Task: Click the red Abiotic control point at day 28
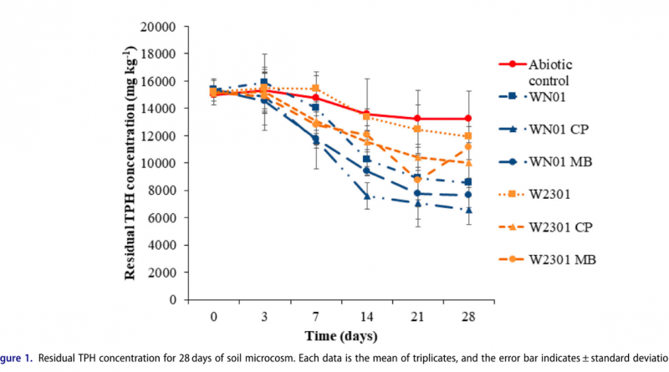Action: coord(468,119)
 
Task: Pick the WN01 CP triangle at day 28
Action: coord(468,210)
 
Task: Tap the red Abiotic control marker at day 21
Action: coord(417,119)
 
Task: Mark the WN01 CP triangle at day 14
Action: coord(367,196)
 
